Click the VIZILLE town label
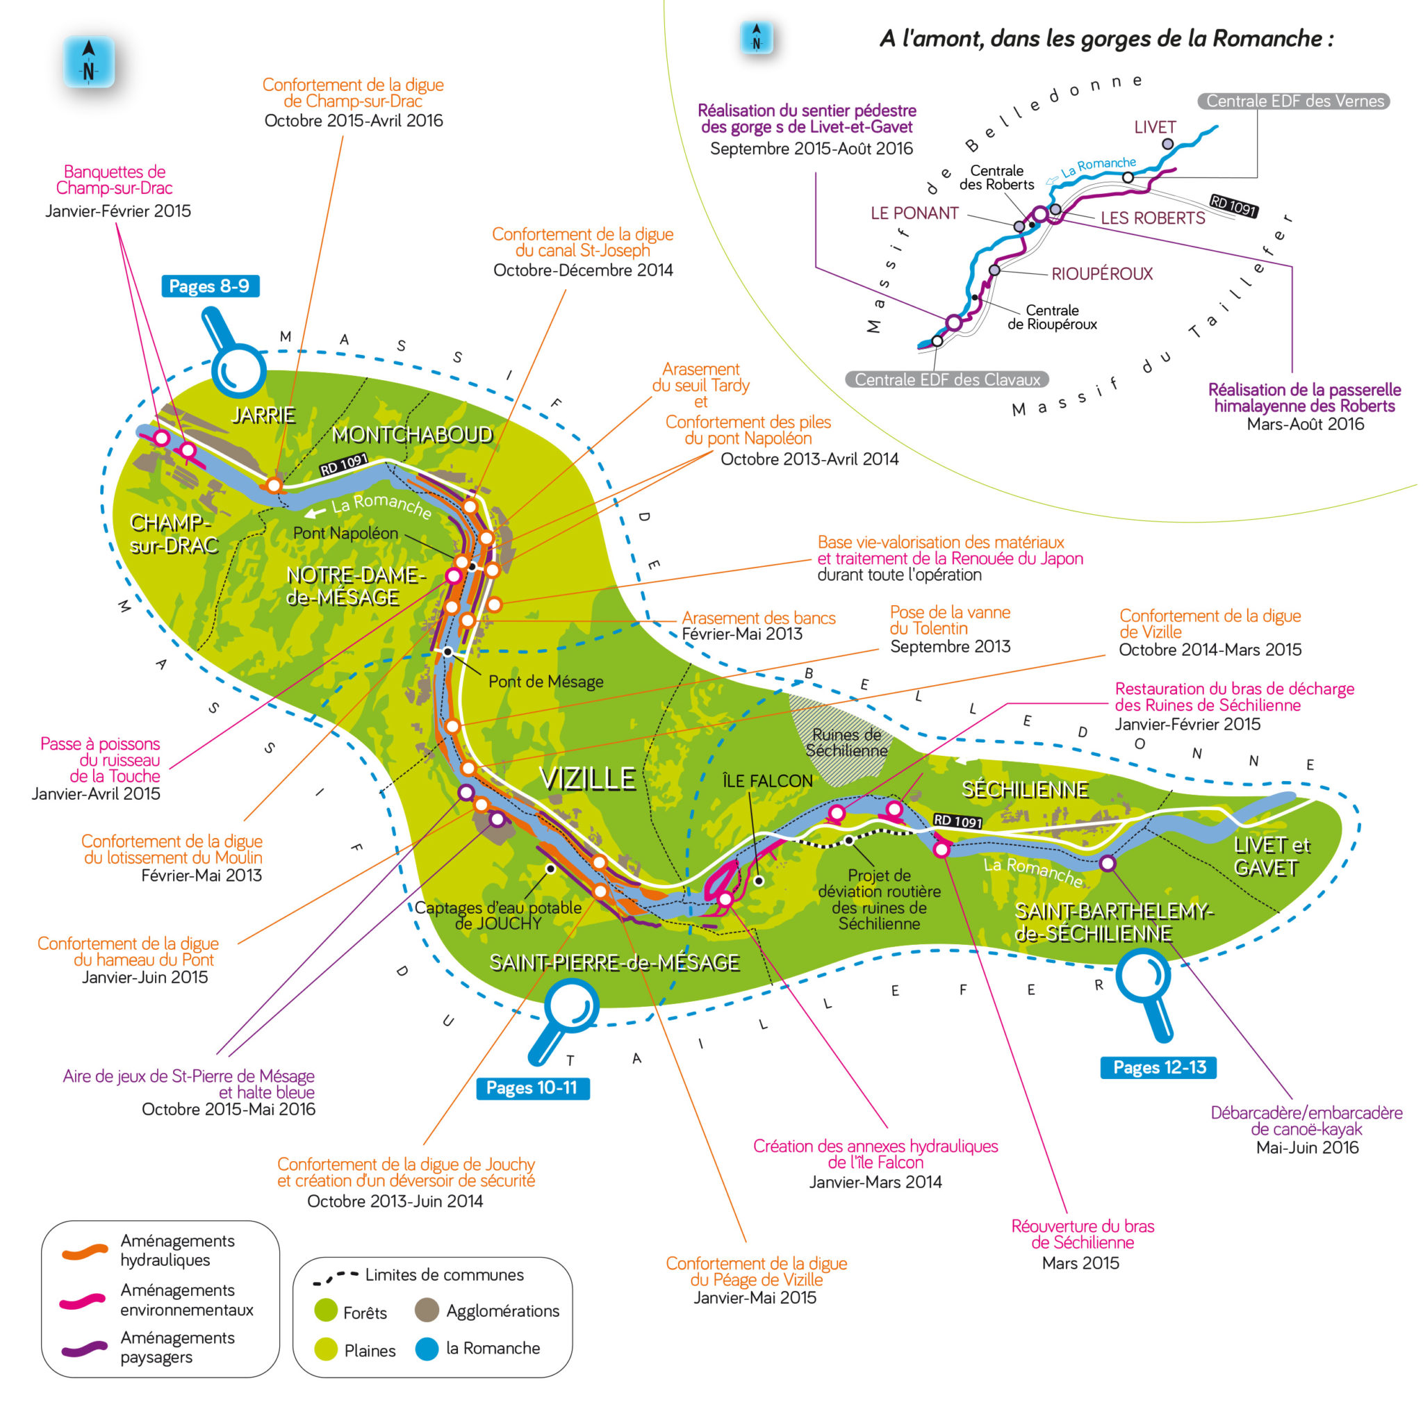point(587,778)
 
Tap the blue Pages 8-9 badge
point(210,286)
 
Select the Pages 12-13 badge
point(1158,1067)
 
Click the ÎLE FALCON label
point(768,781)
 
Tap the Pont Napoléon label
point(345,533)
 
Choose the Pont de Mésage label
point(545,682)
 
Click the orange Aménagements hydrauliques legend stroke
point(85,1252)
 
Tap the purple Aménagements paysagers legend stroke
point(85,1349)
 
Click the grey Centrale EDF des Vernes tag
point(1293,101)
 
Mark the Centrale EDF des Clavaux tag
point(946,379)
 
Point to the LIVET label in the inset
point(1154,127)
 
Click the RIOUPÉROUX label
point(1101,274)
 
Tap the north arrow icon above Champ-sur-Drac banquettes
point(89,62)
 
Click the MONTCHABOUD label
point(413,434)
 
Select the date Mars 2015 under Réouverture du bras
point(1080,1262)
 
